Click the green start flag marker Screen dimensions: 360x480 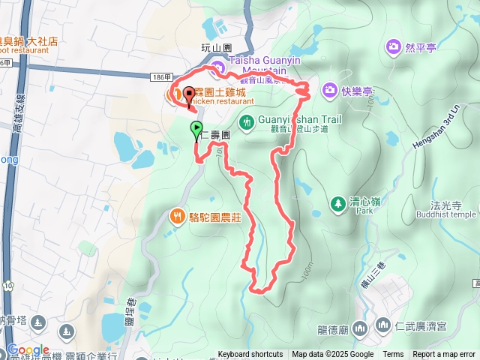point(196,128)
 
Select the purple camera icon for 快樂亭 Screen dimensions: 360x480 point(330,91)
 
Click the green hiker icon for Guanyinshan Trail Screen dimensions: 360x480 point(246,121)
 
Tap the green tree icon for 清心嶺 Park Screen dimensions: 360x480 point(337,203)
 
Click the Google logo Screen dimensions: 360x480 point(28,350)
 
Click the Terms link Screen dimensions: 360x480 point(393,355)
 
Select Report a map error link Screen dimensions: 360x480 point(443,355)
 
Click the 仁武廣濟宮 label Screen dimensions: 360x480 point(420,325)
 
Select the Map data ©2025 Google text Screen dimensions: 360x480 point(332,355)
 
